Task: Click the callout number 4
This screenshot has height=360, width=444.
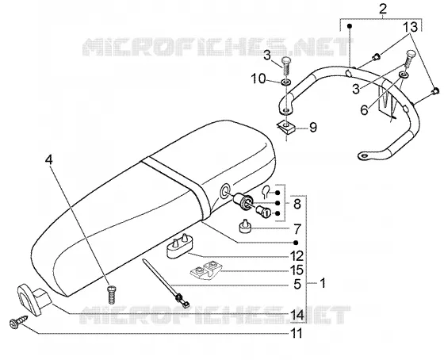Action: [49, 160]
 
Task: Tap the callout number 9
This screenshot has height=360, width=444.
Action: [313, 128]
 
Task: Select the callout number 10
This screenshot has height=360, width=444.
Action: [258, 79]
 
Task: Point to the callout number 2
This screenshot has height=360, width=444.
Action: [382, 9]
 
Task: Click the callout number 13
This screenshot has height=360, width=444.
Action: [411, 27]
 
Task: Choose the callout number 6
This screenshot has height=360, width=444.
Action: [364, 110]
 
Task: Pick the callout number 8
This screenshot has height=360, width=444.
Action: [297, 204]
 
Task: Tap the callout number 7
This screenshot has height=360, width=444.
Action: [297, 229]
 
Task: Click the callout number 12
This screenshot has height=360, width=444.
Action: [297, 256]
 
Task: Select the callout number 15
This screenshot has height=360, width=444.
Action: [297, 270]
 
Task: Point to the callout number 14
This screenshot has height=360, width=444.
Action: [297, 315]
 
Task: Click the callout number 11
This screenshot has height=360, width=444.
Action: [297, 333]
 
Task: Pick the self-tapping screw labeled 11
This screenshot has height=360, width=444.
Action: [18, 322]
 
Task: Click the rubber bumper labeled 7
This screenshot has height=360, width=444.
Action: [245, 226]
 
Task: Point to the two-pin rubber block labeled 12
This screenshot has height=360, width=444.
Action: [178, 246]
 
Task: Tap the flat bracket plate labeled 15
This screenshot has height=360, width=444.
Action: [205, 269]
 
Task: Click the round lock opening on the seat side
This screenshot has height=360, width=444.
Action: [226, 192]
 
